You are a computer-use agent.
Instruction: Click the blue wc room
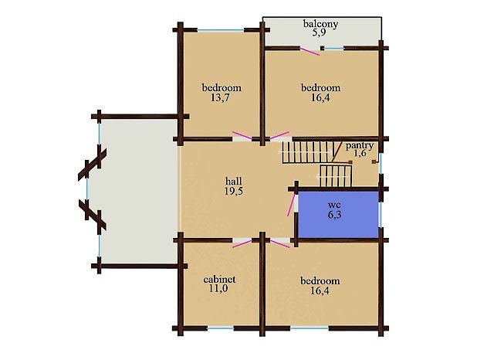(338, 214)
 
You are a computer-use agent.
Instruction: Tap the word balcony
(321, 24)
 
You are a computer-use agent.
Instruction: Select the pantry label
(360, 146)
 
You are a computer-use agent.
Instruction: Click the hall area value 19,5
(234, 191)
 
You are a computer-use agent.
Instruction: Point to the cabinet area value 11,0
(218, 288)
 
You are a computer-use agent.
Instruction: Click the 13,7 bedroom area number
(220, 97)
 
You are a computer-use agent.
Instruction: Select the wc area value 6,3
(334, 215)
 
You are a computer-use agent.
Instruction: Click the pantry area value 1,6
(360, 154)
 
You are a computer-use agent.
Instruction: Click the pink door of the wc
(291, 205)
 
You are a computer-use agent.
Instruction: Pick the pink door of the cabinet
(242, 243)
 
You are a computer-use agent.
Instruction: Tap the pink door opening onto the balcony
(310, 52)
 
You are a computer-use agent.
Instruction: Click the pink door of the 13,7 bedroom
(242, 135)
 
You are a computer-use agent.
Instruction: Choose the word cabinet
(219, 280)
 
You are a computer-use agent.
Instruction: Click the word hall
(234, 182)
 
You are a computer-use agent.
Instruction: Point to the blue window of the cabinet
(221, 328)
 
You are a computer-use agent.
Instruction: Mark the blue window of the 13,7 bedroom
(221, 30)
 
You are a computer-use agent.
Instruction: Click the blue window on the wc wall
(380, 214)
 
